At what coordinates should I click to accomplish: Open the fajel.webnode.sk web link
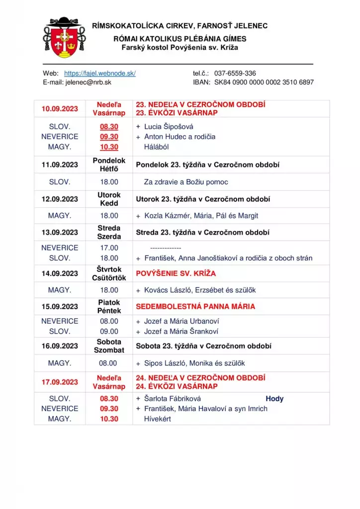pos(100,73)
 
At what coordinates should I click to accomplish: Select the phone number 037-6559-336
pos(235,73)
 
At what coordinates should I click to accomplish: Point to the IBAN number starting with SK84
pos(264,82)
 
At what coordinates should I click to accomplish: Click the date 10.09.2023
pos(60,109)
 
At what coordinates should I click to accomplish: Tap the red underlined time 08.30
pos(109,127)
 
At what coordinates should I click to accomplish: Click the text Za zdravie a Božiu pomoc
pos(186,182)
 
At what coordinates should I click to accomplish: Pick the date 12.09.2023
pos(60,199)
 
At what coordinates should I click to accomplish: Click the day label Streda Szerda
pos(109,232)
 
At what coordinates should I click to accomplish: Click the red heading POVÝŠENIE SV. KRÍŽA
pos(176,273)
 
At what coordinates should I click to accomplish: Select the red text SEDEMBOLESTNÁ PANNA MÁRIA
pos(195,307)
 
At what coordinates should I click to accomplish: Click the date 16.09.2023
pos(60,346)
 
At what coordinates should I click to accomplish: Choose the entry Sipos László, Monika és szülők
pos(194,363)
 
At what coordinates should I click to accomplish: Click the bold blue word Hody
pos(274,399)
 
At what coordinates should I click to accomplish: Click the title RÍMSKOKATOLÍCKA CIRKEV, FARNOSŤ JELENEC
pos(180,25)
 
